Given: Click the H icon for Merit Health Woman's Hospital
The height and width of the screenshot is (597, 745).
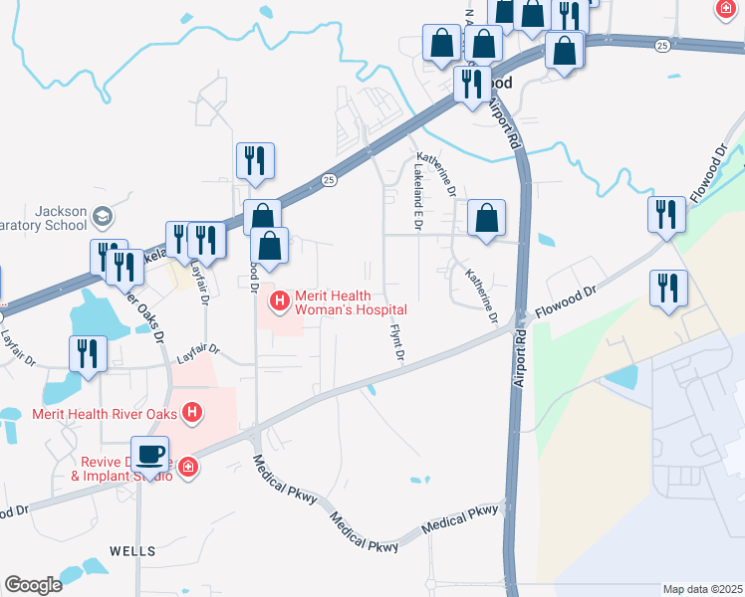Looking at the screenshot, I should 281,298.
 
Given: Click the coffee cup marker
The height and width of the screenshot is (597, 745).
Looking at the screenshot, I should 149,456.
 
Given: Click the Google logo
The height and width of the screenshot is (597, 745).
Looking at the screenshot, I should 33,585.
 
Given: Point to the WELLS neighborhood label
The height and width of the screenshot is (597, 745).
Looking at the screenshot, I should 132,550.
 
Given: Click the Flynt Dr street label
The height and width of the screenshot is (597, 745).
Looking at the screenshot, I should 397,340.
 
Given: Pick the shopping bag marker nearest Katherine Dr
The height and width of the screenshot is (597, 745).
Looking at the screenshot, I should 486,218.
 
